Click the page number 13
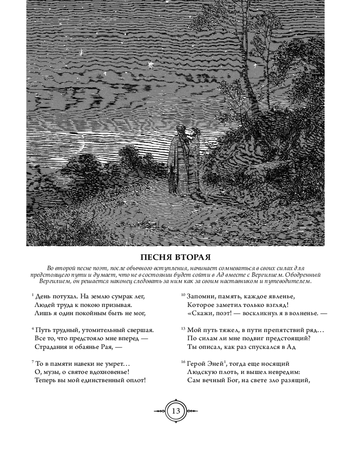coord(175,411)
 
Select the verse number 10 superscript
coord(183,295)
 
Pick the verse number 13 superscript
coord(183,328)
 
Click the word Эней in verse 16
coord(215,364)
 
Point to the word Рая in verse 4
coord(110,347)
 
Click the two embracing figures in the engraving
coord(183,157)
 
